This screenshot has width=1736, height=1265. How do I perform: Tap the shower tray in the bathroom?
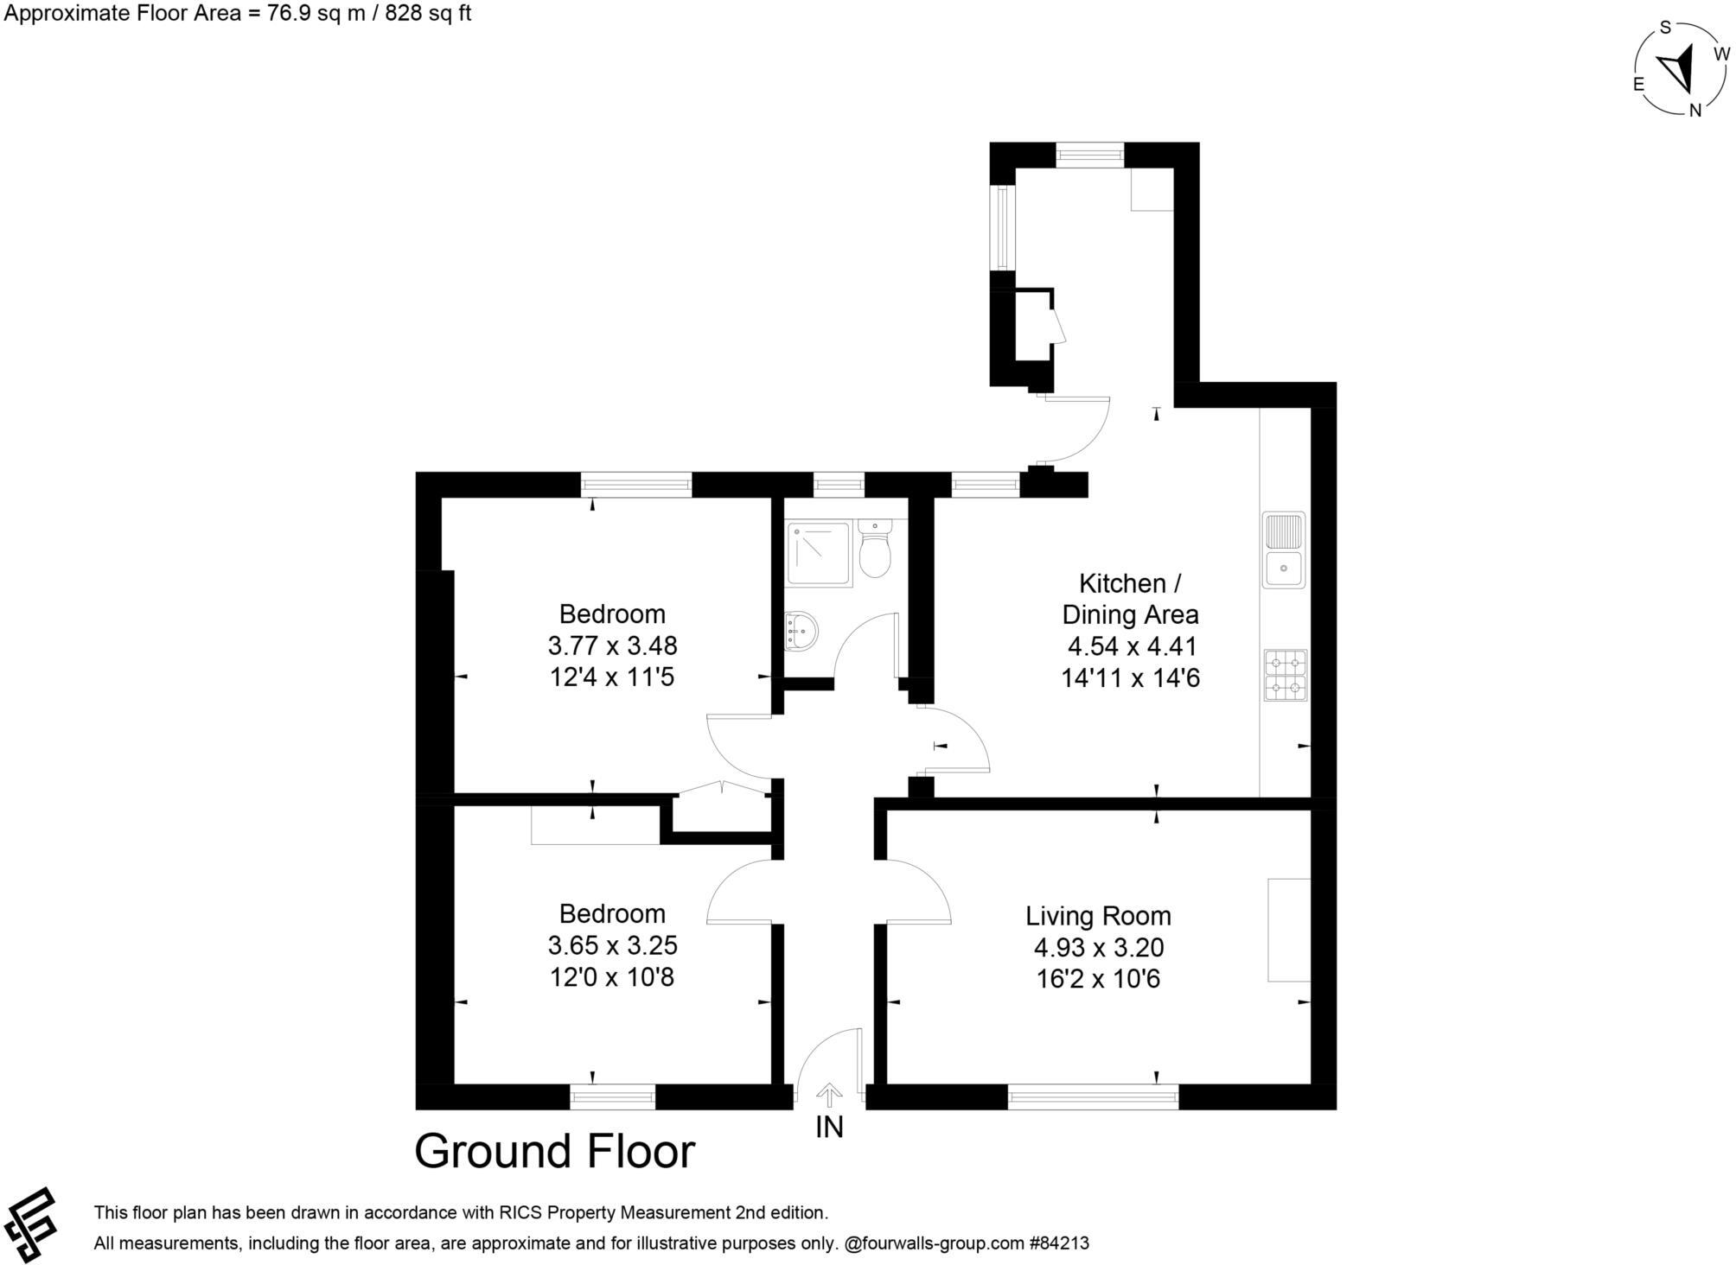tap(817, 554)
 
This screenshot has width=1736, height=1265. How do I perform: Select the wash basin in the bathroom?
tap(801, 632)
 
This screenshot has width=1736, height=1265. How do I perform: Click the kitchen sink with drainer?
tap(1284, 550)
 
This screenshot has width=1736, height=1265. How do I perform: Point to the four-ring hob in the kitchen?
tap(1286, 675)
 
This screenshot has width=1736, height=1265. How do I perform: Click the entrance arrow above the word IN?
tap(829, 1095)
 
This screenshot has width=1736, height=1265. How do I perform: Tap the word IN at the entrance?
tap(829, 1127)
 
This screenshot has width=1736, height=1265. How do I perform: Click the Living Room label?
tap(1098, 915)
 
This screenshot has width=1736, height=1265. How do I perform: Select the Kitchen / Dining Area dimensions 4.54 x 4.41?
tap(1132, 646)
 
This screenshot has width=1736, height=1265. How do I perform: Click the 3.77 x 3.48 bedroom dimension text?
tap(612, 645)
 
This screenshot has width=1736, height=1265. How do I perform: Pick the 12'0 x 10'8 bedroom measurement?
tap(612, 976)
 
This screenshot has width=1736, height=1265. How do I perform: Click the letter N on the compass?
tap(1695, 111)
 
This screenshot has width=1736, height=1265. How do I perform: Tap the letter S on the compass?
tap(1665, 27)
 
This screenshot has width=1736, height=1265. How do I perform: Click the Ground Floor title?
tap(554, 1151)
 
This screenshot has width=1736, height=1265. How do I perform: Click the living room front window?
tap(1093, 1097)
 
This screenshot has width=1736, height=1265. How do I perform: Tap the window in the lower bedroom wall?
tap(612, 1097)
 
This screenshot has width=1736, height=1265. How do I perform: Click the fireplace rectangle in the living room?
tap(1289, 930)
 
